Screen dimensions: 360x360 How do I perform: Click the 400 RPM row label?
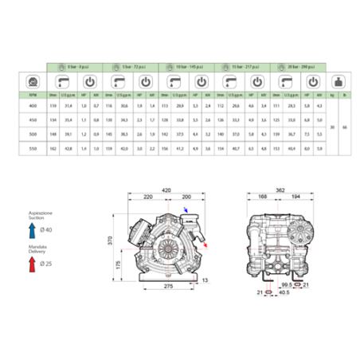click(32, 106)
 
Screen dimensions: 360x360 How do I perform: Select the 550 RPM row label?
click(32, 148)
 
